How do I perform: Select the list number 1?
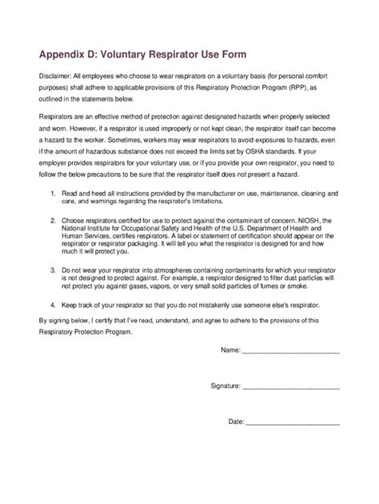tap(53, 216)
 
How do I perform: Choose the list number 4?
tap(53, 327)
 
